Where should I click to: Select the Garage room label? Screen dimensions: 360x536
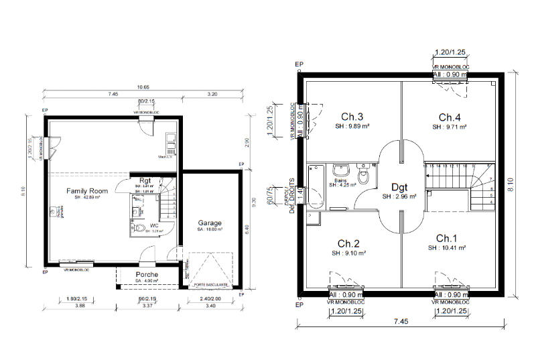coord(210,223)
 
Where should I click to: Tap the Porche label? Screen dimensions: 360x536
coord(147,275)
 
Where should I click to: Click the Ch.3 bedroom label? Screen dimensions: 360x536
coord(352,115)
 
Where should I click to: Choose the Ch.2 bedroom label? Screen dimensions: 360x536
coord(349,243)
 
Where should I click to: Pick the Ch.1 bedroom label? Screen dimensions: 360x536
coord(446,239)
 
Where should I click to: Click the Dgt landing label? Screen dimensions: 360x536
coord(399,187)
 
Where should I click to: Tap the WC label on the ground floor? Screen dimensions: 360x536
coord(153,226)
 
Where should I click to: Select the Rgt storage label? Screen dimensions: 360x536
coord(145,180)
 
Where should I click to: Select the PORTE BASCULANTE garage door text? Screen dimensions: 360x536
coord(211,284)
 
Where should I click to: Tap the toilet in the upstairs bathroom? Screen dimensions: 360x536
coord(364,176)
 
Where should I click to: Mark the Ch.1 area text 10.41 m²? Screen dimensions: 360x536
coord(446,248)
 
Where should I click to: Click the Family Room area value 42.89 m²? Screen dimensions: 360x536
coord(86,198)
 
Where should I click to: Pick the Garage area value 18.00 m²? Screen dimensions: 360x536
coord(210,229)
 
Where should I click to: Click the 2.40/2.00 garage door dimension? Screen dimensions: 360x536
coord(210,298)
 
